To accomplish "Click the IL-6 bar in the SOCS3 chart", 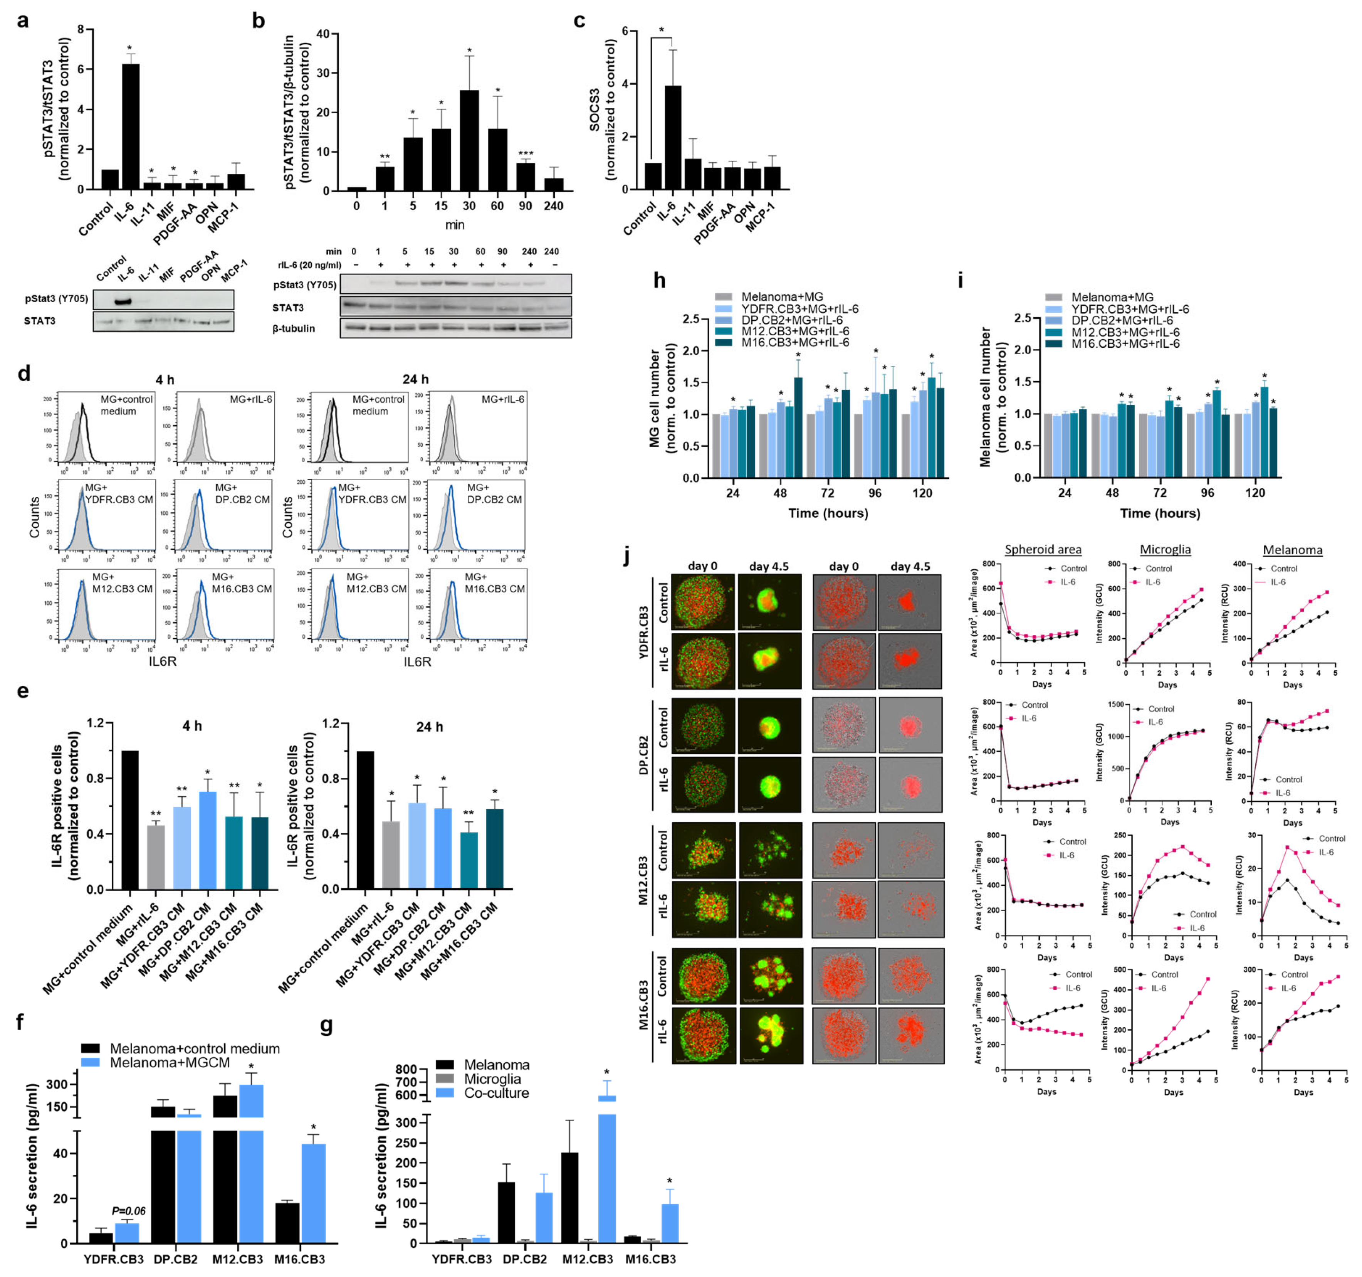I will (x=673, y=137).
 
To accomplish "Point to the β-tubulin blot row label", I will (x=294, y=328).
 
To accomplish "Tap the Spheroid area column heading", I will (x=1043, y=550).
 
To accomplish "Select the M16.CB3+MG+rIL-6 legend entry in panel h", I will (x=795, y=343).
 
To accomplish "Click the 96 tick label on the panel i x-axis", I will (x=1207, y=493).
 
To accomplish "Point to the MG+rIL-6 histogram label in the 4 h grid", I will (x=251, y=399).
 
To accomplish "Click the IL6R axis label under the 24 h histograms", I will (x=417, y=661).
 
